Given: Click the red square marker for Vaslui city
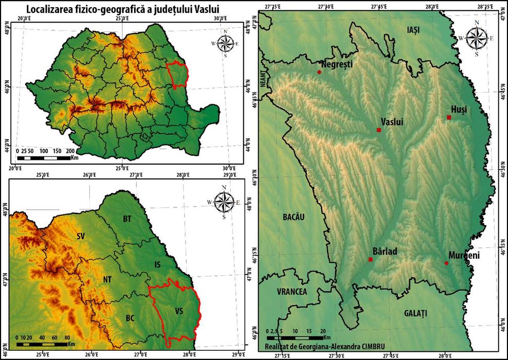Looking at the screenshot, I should pos(379,130).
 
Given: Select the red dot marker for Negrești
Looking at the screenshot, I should pos(319,72).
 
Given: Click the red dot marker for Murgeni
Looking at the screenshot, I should pos(446,263).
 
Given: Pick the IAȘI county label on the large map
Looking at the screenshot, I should pos(413,30).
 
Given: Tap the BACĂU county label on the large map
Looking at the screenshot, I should pos(294,217).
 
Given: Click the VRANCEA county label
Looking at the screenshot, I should pos(292,292).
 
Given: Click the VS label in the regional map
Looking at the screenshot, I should pos(179,311).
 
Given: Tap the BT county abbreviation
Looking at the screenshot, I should pos(127,219).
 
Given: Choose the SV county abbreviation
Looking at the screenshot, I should pos(80,237).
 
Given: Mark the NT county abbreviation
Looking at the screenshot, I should pos(107,279).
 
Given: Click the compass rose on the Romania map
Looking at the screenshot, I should pos(225,42).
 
